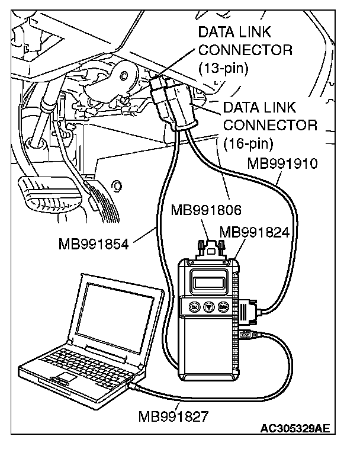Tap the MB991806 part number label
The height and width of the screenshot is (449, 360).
(201, 209)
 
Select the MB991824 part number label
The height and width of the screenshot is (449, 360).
(254, 232)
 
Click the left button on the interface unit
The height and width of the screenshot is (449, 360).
(193, 307)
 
